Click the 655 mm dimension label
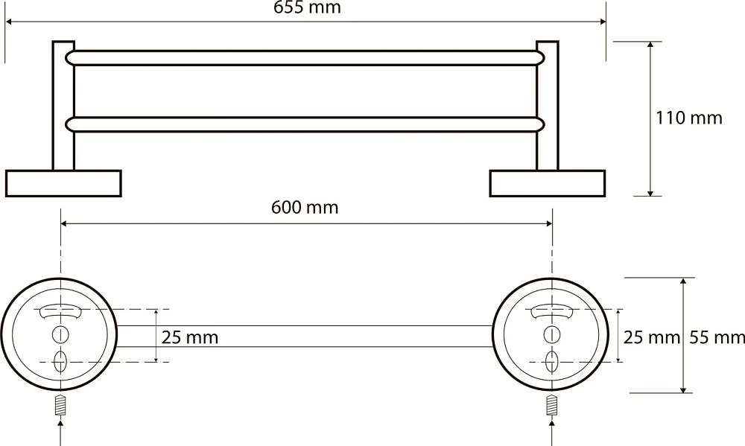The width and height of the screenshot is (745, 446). click(307, 7)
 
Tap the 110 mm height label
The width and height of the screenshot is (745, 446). click(689, 118)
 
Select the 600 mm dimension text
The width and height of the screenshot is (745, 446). click(305, 208)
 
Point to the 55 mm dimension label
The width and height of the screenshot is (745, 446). click(717, 337)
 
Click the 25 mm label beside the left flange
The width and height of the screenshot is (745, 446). click(189, 337)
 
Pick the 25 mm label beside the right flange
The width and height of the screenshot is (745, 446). click(652, 337)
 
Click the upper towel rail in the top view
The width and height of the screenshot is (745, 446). click(305, 58)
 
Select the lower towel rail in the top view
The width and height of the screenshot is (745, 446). click(305, 124)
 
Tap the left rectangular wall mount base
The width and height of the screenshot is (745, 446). click(63, 183)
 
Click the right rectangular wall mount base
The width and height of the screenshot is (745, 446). click(548, 183)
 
